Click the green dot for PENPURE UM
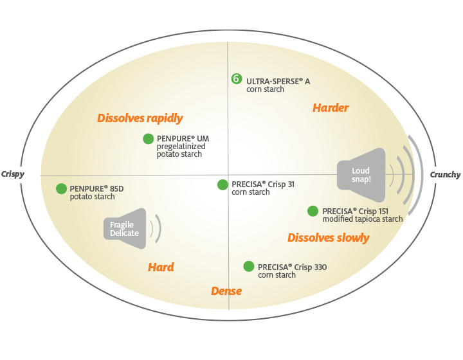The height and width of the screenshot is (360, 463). (149, 138)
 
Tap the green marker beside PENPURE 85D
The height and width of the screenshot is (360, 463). (61, 188)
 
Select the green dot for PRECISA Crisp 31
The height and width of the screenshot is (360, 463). (222, 184)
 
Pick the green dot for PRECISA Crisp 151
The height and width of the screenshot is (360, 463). (313, 211)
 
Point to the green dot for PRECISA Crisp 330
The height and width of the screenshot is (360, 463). (248, 266)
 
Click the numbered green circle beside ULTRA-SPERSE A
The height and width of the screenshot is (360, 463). (237, 79)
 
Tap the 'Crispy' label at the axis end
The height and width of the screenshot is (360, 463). (14, 174)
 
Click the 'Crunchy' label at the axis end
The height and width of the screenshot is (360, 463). (445, 175)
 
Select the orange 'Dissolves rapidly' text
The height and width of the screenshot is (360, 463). (140, 118)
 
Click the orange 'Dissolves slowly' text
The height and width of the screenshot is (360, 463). (328, 238)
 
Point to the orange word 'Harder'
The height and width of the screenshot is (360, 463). (331, 108)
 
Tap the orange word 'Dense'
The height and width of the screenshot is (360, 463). (226, 291)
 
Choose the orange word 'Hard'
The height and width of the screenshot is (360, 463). (161, 267)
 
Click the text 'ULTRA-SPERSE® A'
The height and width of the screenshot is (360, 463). (278, 82)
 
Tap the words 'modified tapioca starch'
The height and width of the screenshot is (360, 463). (363, 219)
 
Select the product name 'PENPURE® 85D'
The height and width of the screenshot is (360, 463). (96, 188)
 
